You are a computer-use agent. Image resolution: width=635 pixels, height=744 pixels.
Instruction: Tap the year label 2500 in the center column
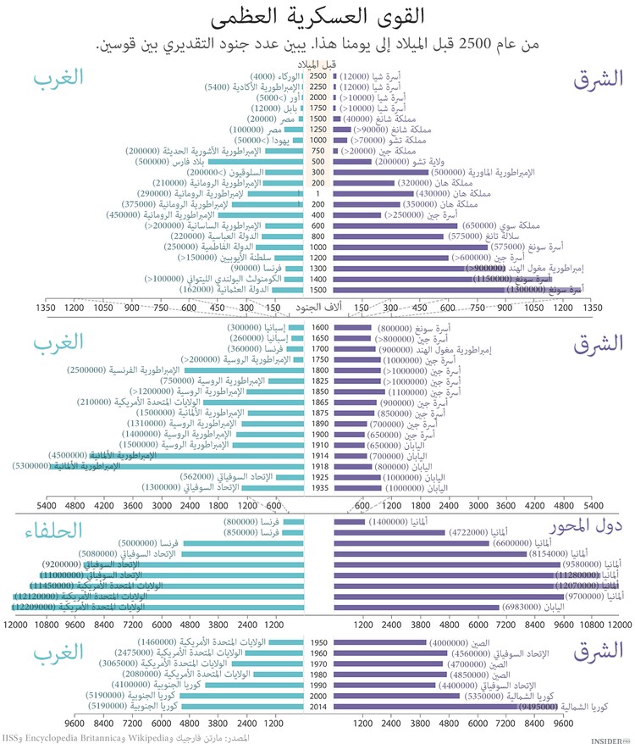pyautogui.click(x=318, y=75)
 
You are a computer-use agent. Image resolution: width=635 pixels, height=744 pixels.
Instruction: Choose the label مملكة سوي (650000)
pyautogui.click(x=494, y=225)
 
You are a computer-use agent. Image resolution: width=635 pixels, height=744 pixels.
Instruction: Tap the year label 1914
pyautogui.click(x=318, y=455)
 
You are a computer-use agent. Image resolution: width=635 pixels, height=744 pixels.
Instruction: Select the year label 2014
pyautogui.click(x=318, y=705)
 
